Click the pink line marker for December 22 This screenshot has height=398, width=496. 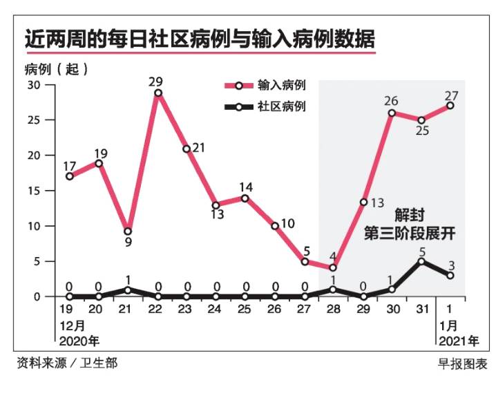coord(158,93)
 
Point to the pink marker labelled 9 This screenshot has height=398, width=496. coord(128,231)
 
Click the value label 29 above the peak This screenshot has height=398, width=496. coord(156,81)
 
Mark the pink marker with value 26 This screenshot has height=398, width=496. coord(392,113)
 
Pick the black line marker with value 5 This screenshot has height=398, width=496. coord(421,261)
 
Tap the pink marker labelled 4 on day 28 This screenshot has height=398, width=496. coord(333,267)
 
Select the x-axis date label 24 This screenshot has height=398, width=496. coord(216,310)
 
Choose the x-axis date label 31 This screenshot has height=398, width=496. coord(421,310)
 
